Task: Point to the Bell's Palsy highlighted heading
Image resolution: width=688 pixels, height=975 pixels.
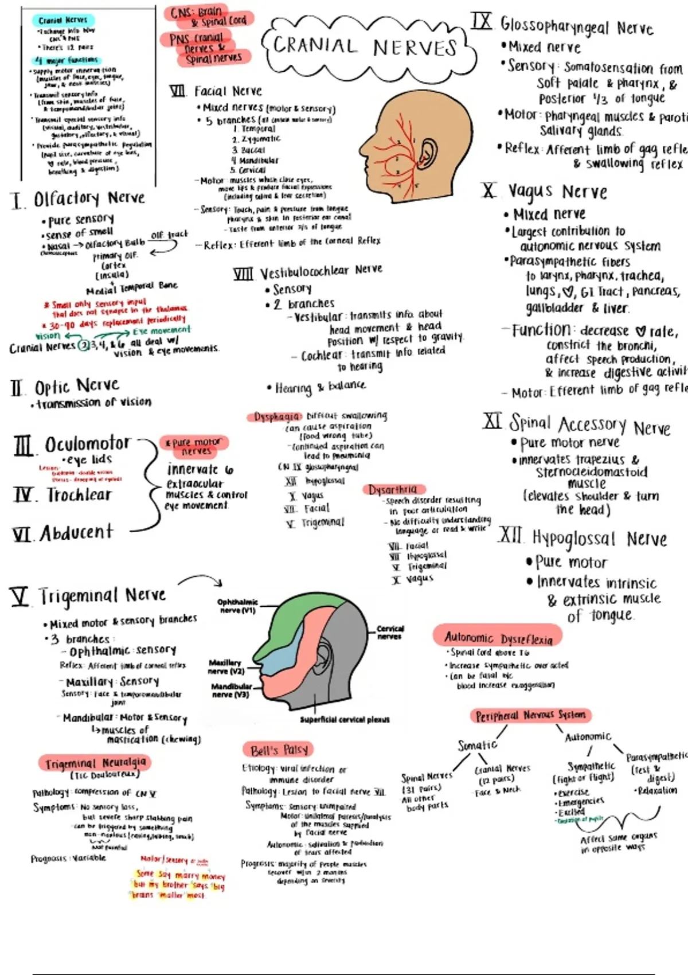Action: point(279,750)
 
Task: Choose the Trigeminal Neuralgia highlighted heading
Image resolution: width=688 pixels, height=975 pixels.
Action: point(95,763)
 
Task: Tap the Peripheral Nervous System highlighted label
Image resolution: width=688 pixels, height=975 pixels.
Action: point(531,715)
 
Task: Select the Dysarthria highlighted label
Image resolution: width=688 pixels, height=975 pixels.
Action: point(393,489)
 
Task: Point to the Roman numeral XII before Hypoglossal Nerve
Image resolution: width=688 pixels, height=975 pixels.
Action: point(510,537)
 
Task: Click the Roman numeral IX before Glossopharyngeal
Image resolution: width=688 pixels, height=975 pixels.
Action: point(482,22)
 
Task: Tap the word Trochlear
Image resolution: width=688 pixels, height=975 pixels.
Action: point(79,495)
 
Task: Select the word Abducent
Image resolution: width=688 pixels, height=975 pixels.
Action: point(77,533)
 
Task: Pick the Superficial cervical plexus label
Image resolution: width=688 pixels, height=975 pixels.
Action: point(345,719)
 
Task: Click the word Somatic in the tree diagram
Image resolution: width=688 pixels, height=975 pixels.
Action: point(477,745)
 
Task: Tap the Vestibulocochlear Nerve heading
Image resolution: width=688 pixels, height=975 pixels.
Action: point(321,271)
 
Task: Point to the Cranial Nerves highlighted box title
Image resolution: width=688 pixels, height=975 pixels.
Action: point(63,21)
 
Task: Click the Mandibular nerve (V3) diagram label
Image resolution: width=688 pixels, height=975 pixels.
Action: point(230,690)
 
